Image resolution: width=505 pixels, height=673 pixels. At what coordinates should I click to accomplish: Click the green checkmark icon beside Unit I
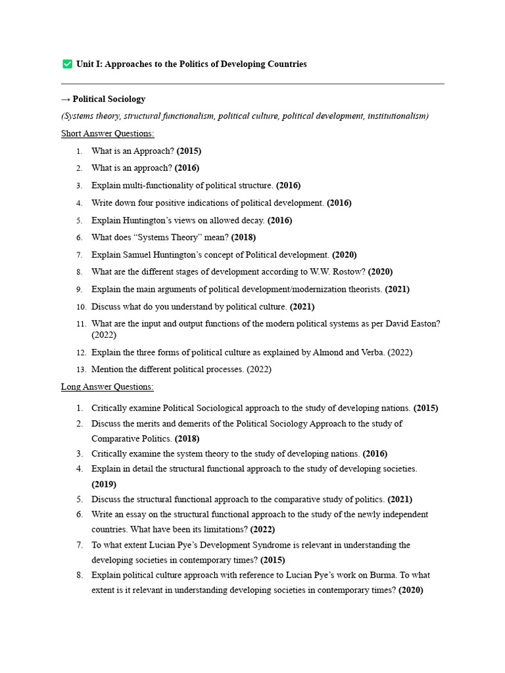(67, 64)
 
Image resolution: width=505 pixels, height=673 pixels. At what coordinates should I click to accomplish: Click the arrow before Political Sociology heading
(66, 99)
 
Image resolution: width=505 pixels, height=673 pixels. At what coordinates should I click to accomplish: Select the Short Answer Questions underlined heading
(108, 133)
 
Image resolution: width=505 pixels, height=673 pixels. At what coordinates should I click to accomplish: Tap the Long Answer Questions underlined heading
(107, 386)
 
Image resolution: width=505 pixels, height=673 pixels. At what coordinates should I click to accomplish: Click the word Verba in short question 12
(369, 352)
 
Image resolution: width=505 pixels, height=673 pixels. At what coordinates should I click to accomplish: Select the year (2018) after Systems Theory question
(243, 237)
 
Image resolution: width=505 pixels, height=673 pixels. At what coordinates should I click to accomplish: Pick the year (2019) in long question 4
(104, 484)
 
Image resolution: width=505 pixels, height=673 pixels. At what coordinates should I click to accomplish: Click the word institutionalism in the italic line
(396, 116)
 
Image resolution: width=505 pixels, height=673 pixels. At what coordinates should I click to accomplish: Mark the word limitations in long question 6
(224, 529)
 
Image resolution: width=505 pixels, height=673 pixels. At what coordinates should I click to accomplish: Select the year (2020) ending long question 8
(410, 590)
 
